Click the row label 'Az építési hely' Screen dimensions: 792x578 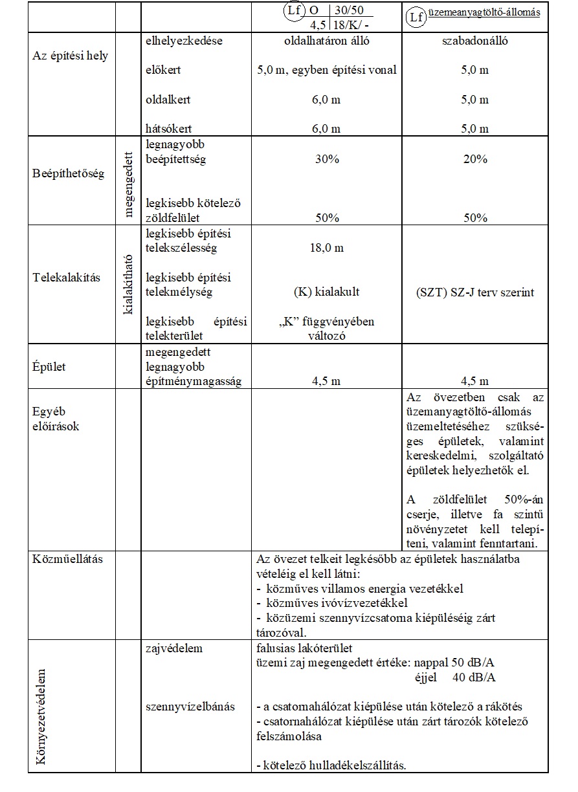(x=70, y=56)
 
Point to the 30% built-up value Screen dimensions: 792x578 (x=326, y=159)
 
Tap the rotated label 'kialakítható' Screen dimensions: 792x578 (x=128, y=284)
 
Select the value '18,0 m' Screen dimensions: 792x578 (x=326, y=248)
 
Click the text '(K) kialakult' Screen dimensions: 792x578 (x=326, y=292)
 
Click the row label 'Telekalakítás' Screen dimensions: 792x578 (x=67, y=278)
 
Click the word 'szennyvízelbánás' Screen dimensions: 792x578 (x=190, y=706)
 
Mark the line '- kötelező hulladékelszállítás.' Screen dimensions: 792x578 (x=331, y=765)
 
